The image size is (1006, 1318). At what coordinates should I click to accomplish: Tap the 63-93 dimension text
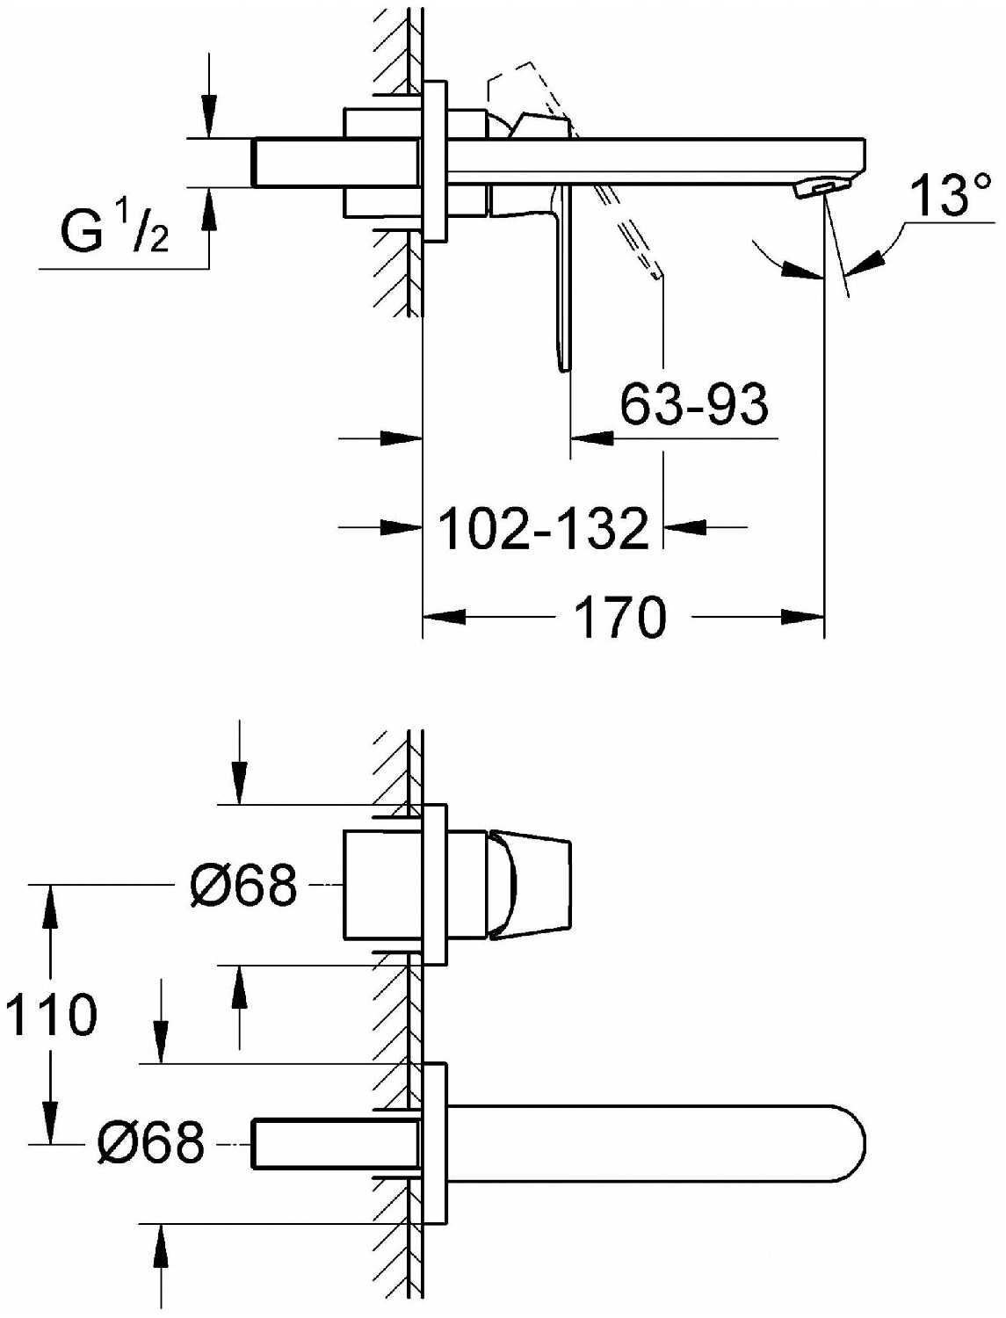pos(694,405)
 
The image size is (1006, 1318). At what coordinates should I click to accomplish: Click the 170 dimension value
pos(620,617)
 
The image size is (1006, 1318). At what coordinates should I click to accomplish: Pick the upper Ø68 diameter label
pos(243,885)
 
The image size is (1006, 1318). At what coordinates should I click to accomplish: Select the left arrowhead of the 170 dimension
pos(445,617)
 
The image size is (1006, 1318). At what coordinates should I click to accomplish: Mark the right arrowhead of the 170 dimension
pos(801,617)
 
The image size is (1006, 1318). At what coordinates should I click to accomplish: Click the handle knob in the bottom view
pos(528,885)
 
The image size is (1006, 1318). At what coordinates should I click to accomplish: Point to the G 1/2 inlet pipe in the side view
pos(337,163)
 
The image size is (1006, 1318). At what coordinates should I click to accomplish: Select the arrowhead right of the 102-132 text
pos(684,526)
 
